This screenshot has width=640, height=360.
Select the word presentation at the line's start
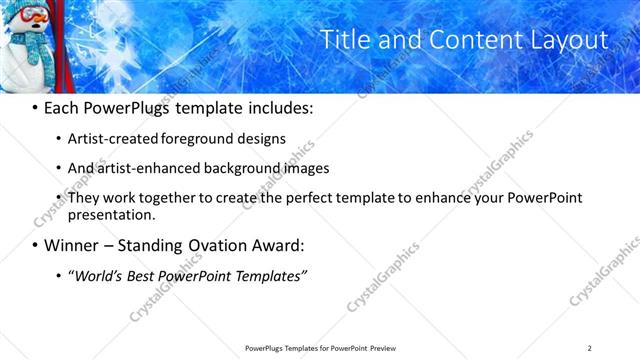(111, 214)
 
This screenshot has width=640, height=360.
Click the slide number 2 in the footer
(590, 348)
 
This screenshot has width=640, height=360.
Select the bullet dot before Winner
(35, 246)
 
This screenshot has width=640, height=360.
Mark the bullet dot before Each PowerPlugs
(35, 106)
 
